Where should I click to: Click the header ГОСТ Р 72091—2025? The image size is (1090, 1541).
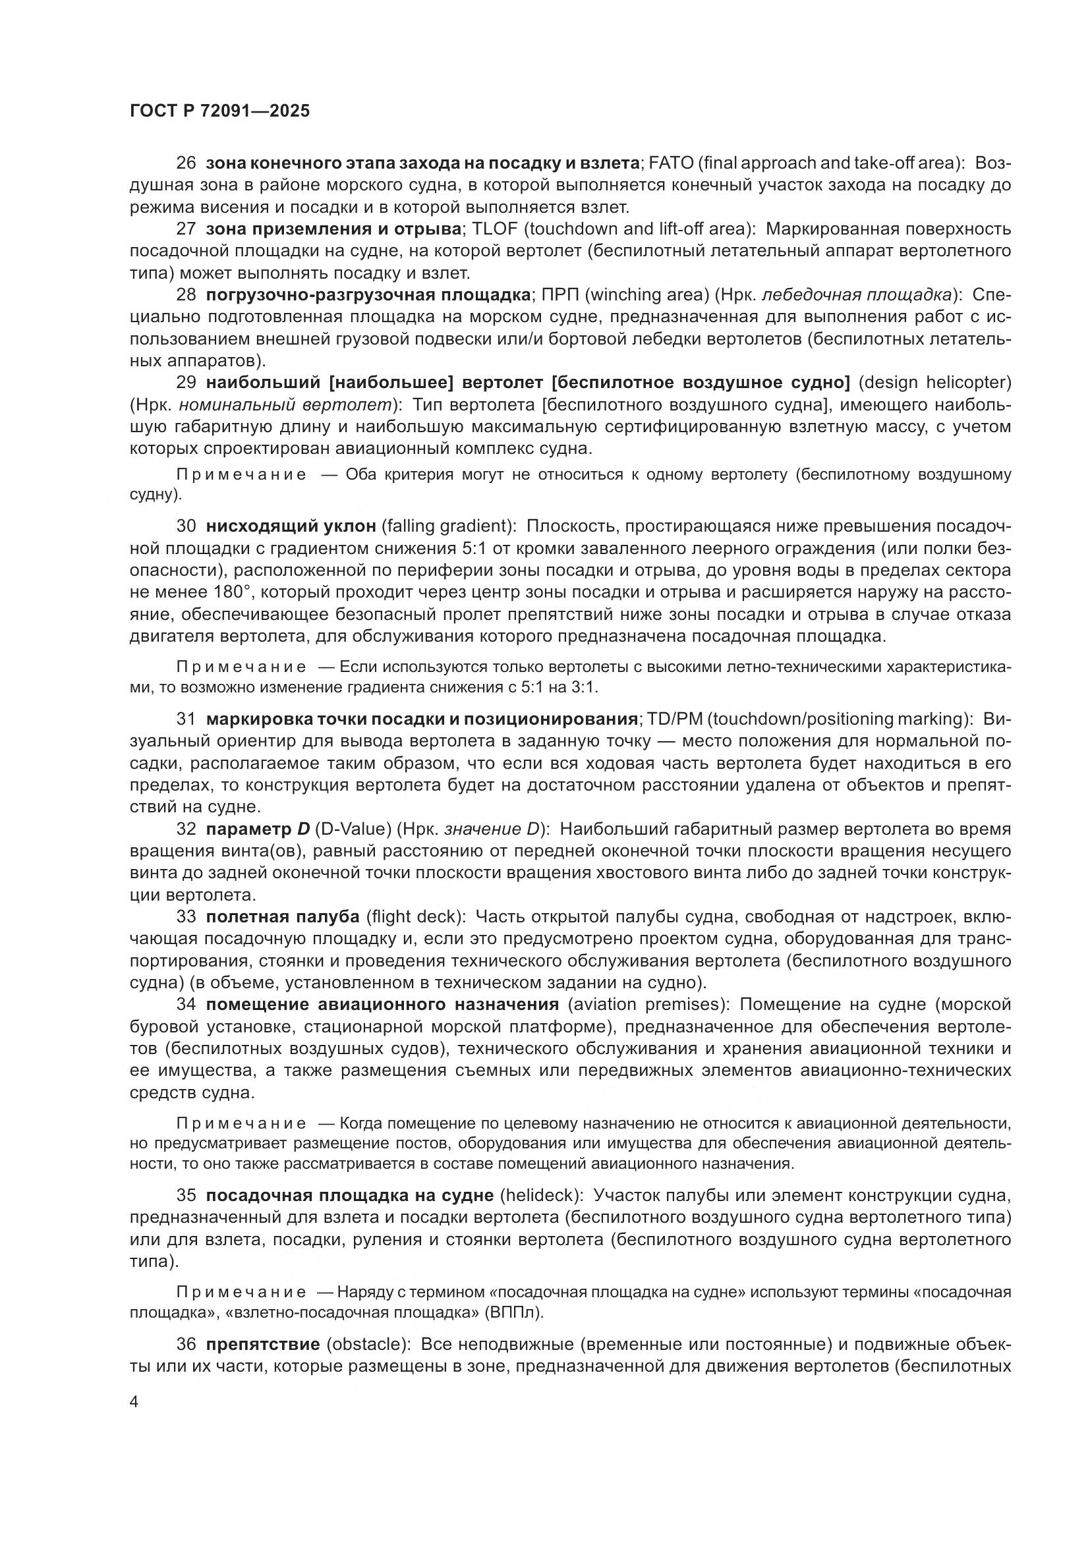[x=219, y=111]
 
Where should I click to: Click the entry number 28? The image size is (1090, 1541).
[x=186, y=294]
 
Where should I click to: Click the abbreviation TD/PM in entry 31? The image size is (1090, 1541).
[x=676, y=719]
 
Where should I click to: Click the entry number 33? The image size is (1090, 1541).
[x=186, y=916]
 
